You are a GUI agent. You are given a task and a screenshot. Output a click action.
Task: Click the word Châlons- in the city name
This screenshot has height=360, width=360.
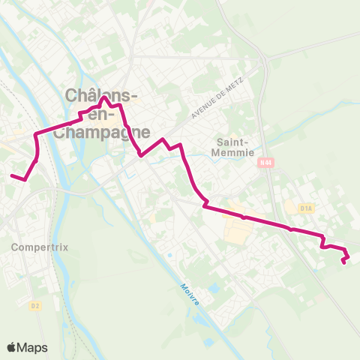pos(101,95)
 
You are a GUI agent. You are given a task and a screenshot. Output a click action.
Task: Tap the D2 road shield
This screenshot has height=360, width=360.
pos(35,306)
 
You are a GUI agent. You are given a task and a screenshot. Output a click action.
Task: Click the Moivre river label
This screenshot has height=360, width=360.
pos(190,293)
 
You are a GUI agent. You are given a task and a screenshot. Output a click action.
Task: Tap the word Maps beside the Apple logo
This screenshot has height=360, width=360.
pos(33,347)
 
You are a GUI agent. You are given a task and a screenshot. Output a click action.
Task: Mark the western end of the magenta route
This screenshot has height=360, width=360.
pos(11,176)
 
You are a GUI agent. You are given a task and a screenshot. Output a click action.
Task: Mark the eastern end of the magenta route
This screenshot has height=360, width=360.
pos(344,262)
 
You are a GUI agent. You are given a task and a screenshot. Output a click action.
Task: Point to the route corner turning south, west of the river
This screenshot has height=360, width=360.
pos(36,135)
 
